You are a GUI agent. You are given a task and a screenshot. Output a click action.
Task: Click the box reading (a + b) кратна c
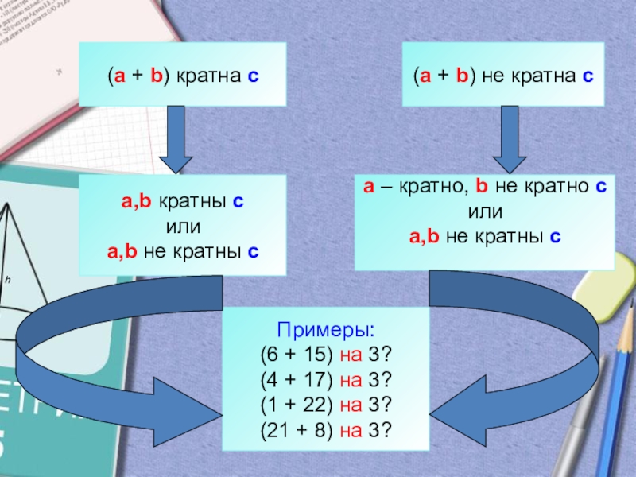point(182,75)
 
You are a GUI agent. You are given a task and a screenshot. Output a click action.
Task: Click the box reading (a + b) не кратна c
point(503,75)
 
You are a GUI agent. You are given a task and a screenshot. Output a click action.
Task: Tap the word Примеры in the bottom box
point(326,330)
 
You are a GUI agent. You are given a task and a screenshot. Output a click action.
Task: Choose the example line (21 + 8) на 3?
point(326,429)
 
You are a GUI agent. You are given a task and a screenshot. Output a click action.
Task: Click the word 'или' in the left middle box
point(182,228)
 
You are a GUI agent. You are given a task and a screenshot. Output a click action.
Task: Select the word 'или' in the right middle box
point(485,212)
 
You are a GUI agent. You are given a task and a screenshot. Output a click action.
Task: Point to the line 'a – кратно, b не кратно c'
point(485,188)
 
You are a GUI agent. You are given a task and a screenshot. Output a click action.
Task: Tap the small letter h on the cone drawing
point(7,281)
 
